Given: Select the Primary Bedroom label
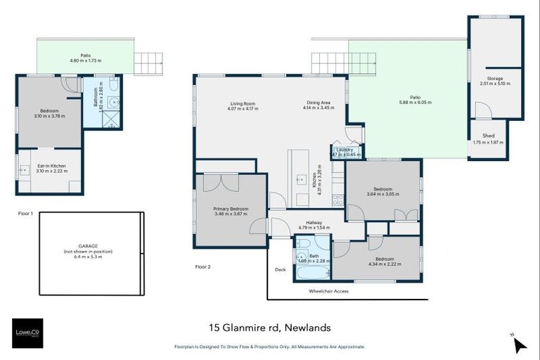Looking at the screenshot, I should pos(231,209).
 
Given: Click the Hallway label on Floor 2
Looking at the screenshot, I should pos(314,222).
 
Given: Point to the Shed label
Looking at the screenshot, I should pos(488,135).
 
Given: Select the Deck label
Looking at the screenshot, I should pos(281,268).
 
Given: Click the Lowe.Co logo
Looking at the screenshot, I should pos(28,333).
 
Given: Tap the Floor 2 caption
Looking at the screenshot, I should pos(202,266).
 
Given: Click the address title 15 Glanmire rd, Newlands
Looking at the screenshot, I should pos(269,328).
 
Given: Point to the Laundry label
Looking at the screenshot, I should pos(345,149).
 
